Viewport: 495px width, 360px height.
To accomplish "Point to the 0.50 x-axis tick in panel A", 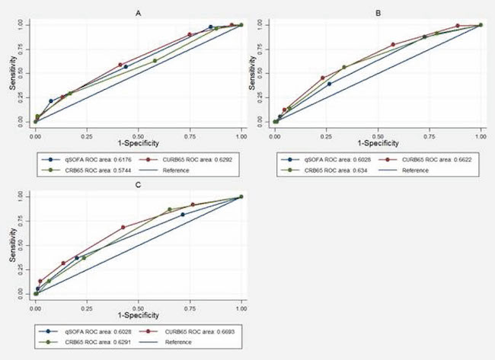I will tap(138, 129).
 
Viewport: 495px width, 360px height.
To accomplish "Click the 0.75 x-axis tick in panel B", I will tap(429, 131).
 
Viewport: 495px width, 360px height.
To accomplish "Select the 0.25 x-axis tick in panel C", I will tap(86, 302).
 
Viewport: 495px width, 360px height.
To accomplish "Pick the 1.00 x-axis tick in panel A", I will tap(241, 129).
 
